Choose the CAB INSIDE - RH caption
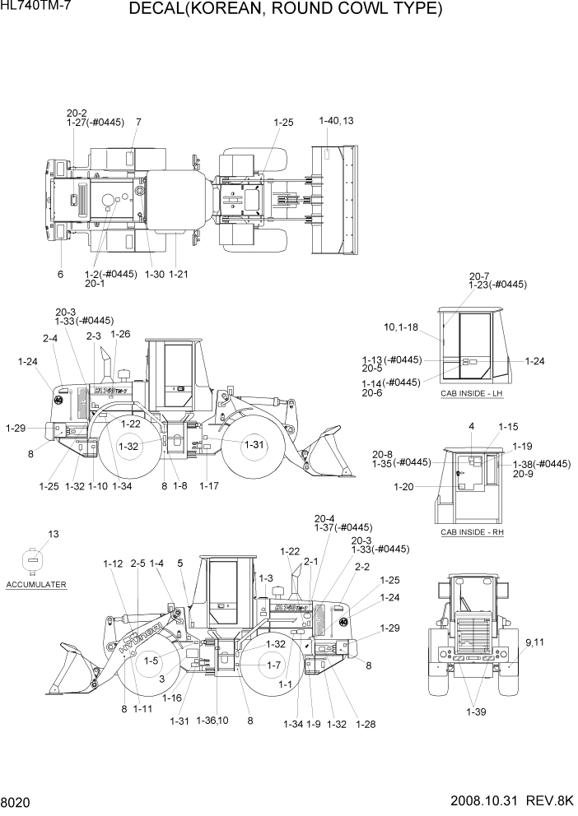[471, 532]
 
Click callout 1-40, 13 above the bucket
[336, 121]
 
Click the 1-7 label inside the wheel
[274, 664]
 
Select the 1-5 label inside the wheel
[151, 661]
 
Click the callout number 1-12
[113, 563]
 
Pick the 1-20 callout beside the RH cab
[403, 487]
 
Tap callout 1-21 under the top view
[179, 274]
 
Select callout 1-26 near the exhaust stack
[120, 334]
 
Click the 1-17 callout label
[209, 486]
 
